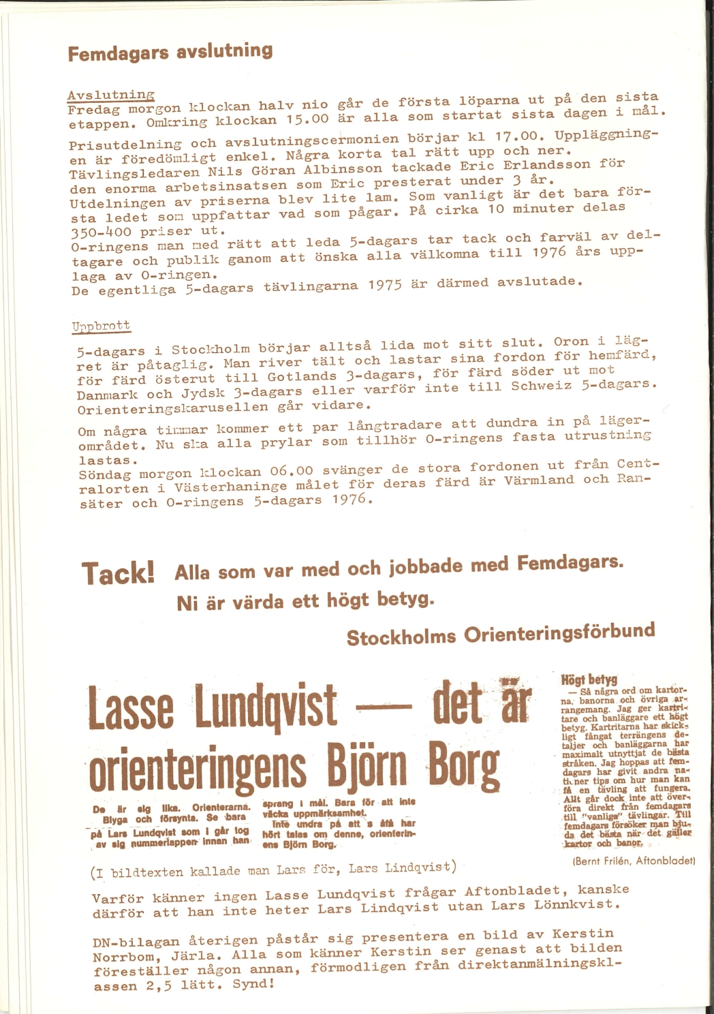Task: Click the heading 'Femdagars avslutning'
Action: click(170, 52)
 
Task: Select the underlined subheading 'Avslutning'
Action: click(111, 95)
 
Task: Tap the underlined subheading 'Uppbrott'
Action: click(101, 326)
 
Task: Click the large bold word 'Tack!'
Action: click(119, 573)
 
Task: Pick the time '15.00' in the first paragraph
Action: click(307, 119)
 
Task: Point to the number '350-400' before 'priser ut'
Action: click(102, 232)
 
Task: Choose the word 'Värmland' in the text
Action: click(539, 480)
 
